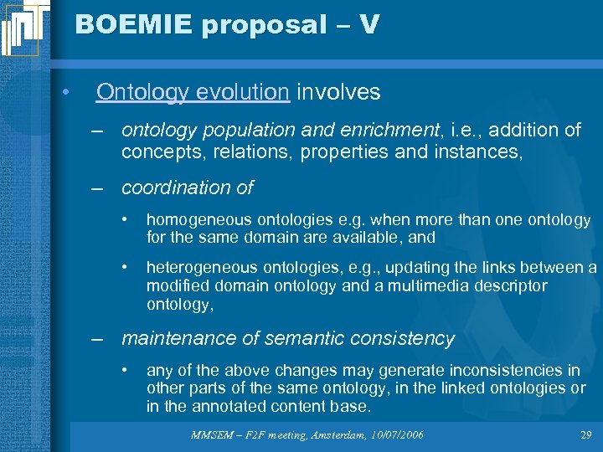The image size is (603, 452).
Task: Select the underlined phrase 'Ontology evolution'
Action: [x=192, y=92]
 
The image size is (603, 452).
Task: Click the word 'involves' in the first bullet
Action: [x=338, y=92]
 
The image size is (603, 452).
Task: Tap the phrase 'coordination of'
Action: [x=187, y=188]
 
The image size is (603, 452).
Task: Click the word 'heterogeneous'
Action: [x=198, y=268]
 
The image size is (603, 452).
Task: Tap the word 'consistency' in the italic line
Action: [x=406, y=339]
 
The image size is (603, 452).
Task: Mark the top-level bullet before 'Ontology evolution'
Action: [x=64, y=92]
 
